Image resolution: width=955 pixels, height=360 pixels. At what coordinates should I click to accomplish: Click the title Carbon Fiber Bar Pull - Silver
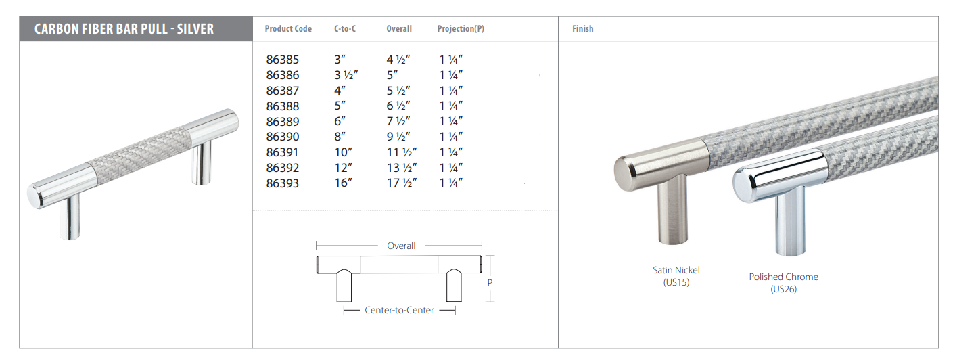(x=124, y=29)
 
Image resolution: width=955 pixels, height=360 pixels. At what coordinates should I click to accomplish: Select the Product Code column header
(x=288, y=29)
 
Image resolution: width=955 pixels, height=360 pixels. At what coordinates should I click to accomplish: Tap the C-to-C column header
(x=345, y=29)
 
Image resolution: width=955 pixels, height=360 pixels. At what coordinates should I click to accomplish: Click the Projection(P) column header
(x=461, y=29)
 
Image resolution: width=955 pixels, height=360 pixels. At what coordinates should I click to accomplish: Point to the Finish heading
(x=583, y=29)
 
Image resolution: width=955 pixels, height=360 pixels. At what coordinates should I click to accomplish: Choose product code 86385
(x=283, y=60)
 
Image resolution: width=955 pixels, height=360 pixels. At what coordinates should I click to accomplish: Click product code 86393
(x=283, y=183)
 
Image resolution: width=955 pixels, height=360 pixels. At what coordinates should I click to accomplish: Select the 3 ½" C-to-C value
(x=346, y=75)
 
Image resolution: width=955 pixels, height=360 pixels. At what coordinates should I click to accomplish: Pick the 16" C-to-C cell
(x=343, y=183)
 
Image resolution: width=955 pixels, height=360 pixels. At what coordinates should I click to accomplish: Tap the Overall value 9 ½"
(x=398, y=137)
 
